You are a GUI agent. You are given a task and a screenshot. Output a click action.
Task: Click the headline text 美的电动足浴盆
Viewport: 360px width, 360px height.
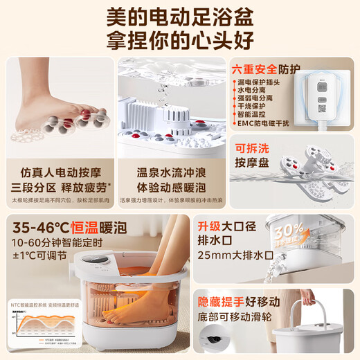pos(180,16)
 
